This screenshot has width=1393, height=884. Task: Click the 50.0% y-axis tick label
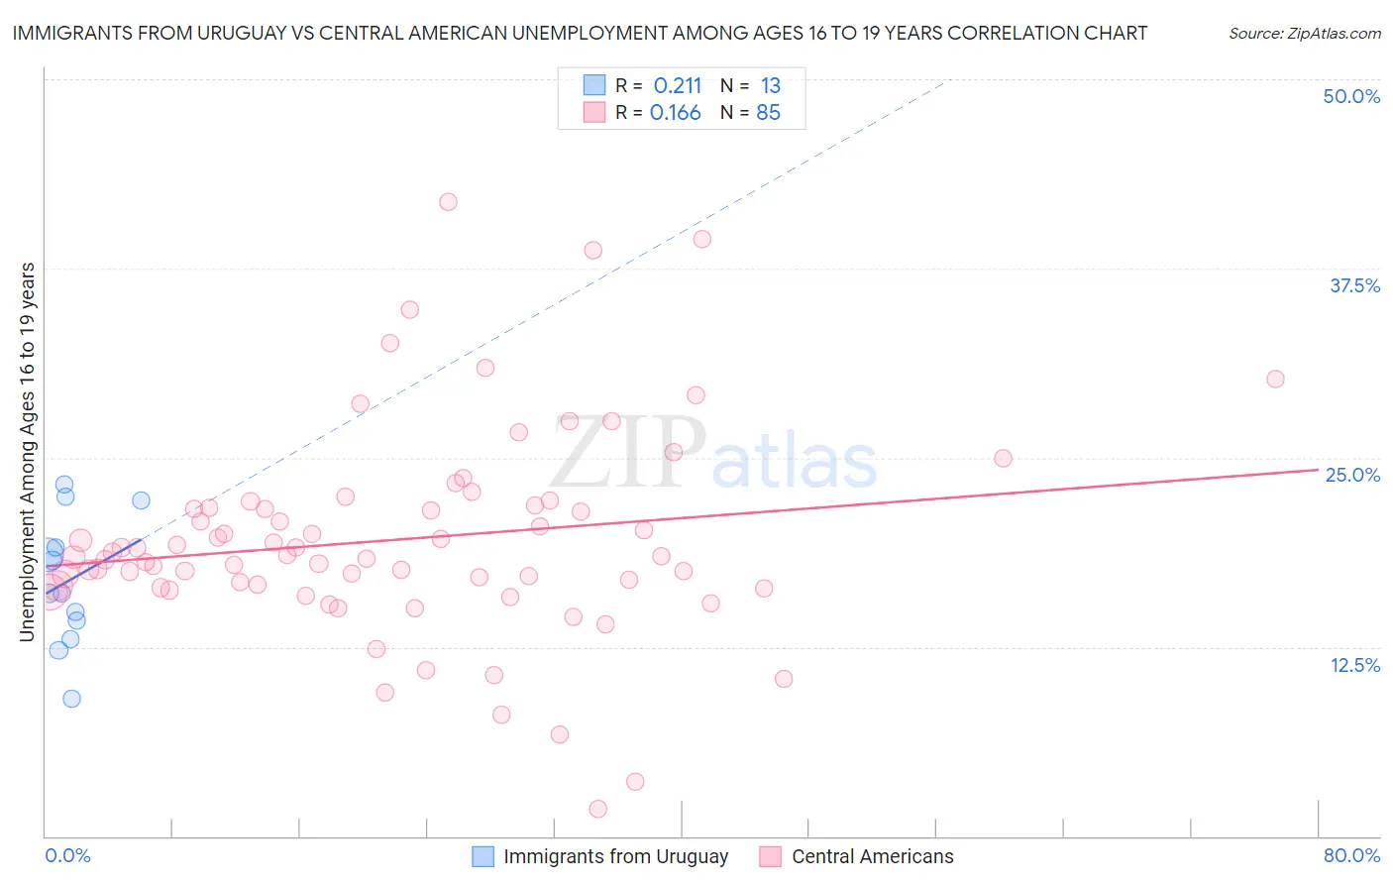(x=1351, y=96)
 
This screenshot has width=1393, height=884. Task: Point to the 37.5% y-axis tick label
(x=1354, y=285)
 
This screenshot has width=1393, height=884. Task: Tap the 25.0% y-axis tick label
(x=1352, y=475)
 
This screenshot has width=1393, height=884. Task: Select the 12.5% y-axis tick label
(x=1354, y=665)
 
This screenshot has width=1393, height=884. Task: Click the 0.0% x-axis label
(x=67, y=855)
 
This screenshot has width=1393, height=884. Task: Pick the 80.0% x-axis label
(x=1351, y=855)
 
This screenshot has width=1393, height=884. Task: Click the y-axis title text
(x=27, y=452)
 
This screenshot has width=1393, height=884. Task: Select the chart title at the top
(x=580, y=33)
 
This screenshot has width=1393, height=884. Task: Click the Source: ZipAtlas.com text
(x=1304, y=33)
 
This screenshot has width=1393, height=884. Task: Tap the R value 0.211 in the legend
(x=677, y=85)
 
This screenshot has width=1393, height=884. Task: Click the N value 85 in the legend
(x=768, y=113)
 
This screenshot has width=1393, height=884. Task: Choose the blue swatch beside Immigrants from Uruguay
(x=482, y=856)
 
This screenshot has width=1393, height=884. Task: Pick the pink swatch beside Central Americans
(x=771, y=856)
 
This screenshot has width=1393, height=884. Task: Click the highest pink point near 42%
(x=448, y=201)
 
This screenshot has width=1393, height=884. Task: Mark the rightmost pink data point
(x=1275, y=379)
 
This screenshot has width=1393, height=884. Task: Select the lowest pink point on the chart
(x=597, y=809)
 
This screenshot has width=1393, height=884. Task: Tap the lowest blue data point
(x=71, y=698)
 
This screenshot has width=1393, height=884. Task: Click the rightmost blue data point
(x=141, y=500)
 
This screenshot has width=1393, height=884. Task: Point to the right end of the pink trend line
(x=1318, y=470)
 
